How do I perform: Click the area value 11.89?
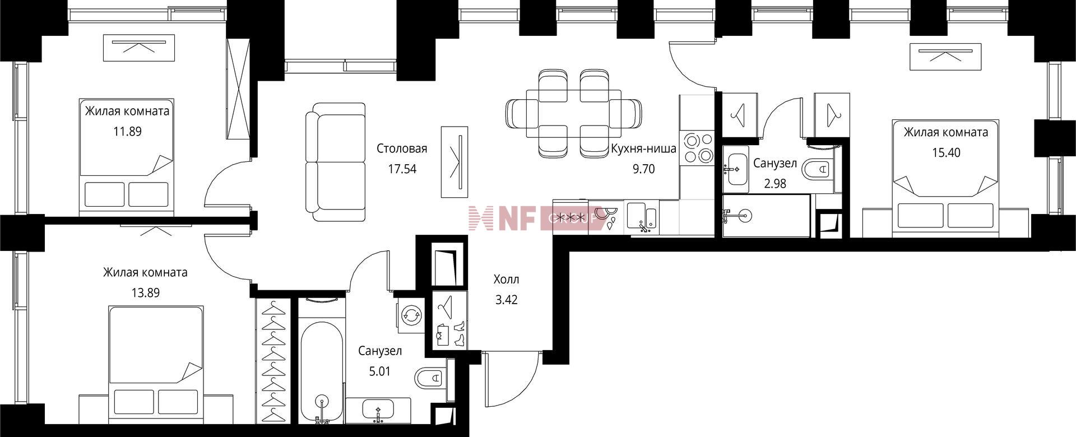click(127, 132)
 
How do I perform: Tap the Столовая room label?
click(402, 148)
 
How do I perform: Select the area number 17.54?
click(402, 169)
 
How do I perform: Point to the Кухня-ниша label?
click(643, 149)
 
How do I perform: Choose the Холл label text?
click(506, 279)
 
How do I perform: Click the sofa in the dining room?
click(336, 162)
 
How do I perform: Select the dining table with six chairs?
click(573, 113)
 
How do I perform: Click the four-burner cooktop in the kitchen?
click(697, 147)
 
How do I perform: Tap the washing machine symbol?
click(412, 315)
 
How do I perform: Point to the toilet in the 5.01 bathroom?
click(432, 378)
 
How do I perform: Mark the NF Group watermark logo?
click(537, 218)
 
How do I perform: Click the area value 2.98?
click(775, 183)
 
